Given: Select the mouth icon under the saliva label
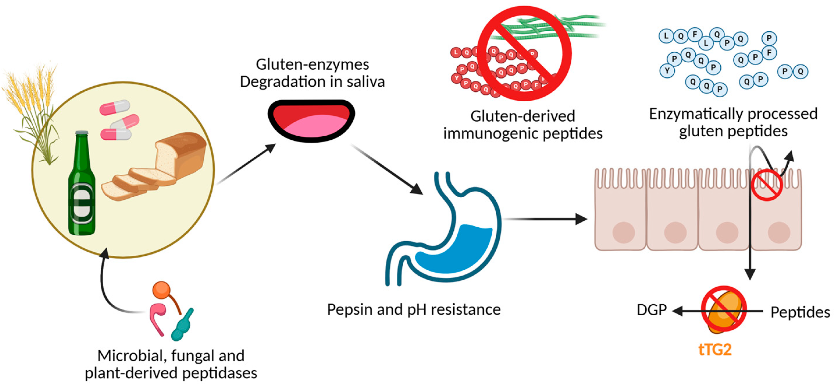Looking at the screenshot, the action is click(311, 121).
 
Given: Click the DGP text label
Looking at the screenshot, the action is click(651, 310).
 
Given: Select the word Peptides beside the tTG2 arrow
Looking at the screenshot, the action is click(800, 312).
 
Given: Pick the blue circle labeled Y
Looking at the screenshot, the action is click(667, 71).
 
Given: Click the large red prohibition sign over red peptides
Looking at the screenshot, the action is click(524, 54).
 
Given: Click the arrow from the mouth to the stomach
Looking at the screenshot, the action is click(387, 169).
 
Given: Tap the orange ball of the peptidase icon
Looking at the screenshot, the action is click(161, 290).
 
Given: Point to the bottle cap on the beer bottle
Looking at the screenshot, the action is click(82, 133).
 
